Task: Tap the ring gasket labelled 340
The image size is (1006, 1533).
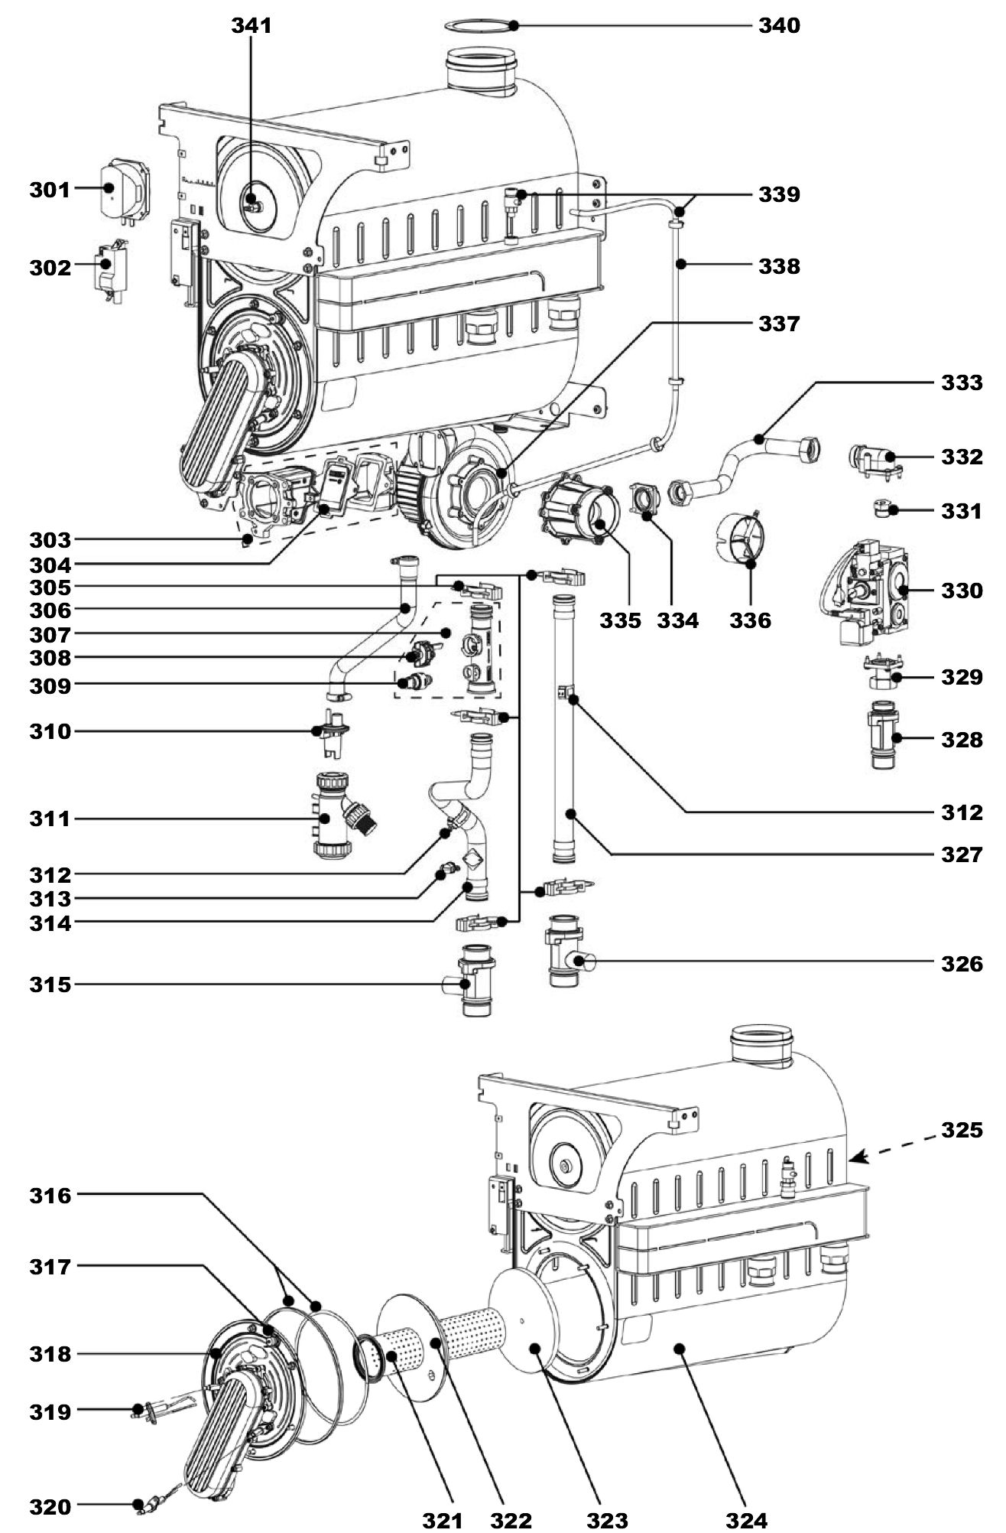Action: tap(480, 26)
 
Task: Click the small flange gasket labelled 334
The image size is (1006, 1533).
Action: tap(646, 502)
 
